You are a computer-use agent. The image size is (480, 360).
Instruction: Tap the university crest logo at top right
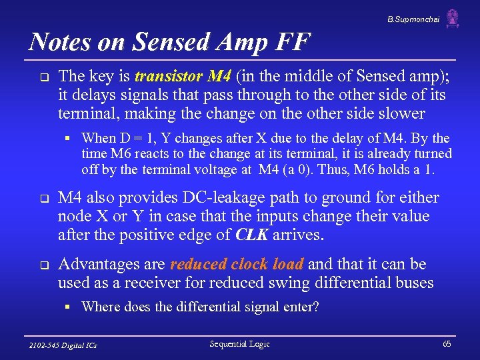(453, 19)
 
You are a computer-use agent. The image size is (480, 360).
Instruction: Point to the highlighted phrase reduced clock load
(237, 265)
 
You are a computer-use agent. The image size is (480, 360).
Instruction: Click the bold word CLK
(253, 235)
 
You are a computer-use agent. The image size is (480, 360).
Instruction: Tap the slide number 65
(447, 344)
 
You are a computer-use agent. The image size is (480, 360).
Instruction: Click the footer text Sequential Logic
(239, 344)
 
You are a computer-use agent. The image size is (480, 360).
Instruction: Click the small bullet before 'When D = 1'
(68, 139)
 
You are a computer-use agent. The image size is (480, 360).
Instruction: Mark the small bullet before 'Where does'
(68, 308)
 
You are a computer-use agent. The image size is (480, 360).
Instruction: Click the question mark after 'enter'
(316, 307)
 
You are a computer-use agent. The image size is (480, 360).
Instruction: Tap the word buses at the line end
(413, 283)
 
